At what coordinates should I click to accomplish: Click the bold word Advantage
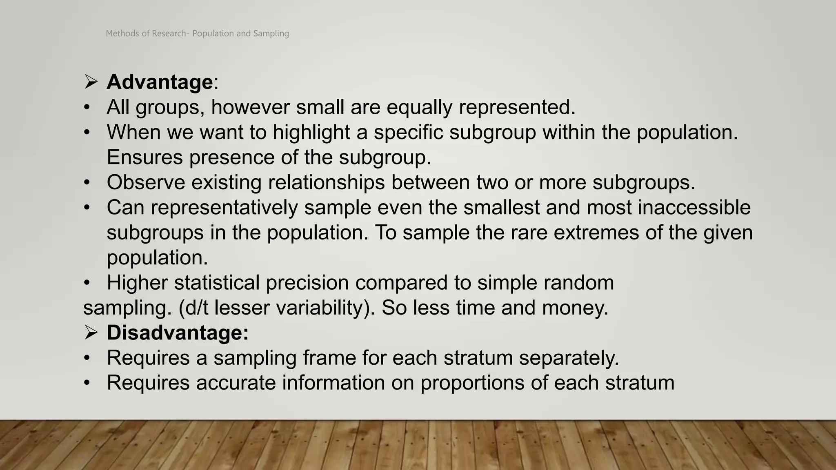tap(160, 82)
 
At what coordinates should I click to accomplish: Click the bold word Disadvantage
tap(178, 333)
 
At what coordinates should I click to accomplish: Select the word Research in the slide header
tap(169, 33)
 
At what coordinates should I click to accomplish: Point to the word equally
tap(419, 107)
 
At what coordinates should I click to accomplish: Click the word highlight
tap(311, 132)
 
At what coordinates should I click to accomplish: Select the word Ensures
tap(145, 157)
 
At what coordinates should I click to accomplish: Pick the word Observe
tap(146, 182)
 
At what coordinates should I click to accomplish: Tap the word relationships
tap(326, 182)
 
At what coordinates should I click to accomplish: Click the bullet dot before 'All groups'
tap(87, 107)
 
